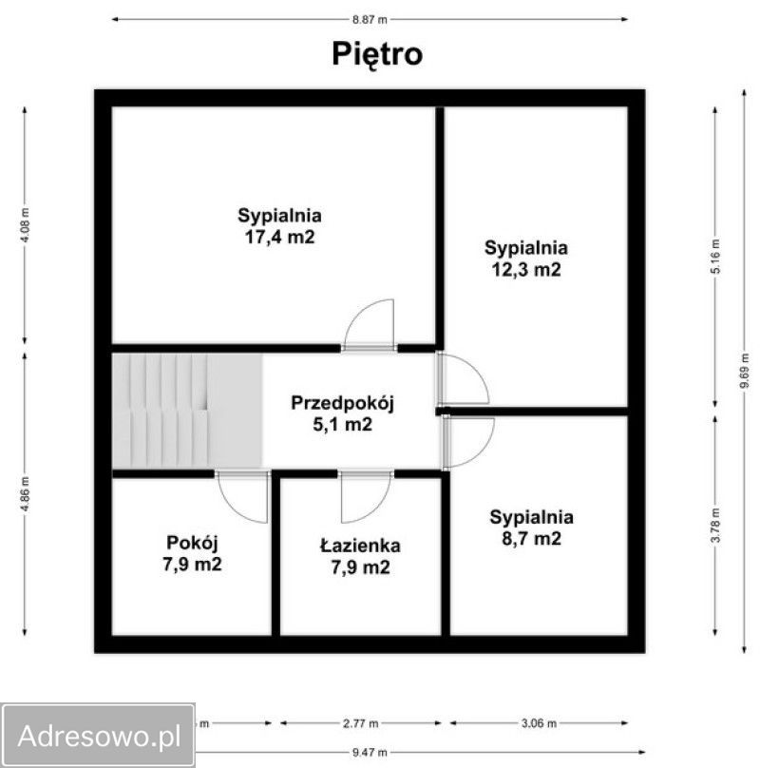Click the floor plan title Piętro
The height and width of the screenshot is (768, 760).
click(x=377, y=54)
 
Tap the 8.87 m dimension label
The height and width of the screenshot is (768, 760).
click(x=370, y=20)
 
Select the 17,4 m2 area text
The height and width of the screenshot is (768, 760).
click(x=279, y=238)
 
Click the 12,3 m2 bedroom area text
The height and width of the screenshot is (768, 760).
click(x=526, y=270)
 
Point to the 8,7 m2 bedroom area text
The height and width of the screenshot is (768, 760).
click(x=531, y=539)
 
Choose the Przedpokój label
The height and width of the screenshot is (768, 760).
click(x=342, y=403)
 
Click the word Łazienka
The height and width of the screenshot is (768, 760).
click(x=360, y=546)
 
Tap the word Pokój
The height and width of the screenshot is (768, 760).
click(x=192, y=543)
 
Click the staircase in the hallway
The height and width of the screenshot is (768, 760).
click(x=186, y=411)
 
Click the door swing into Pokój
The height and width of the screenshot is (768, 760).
click(x=243, y=497)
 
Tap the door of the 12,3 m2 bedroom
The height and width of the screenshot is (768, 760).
click(x=463, y=378)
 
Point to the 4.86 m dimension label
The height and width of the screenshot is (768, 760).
click(x=26, y=494)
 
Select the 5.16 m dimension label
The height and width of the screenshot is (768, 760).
click(x=716, y=257)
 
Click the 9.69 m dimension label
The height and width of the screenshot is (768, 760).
click(x=745, y=371)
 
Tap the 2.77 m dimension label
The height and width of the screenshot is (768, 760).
click(x=360, y=723)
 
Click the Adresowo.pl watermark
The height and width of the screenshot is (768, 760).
click(x=99, y=736)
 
